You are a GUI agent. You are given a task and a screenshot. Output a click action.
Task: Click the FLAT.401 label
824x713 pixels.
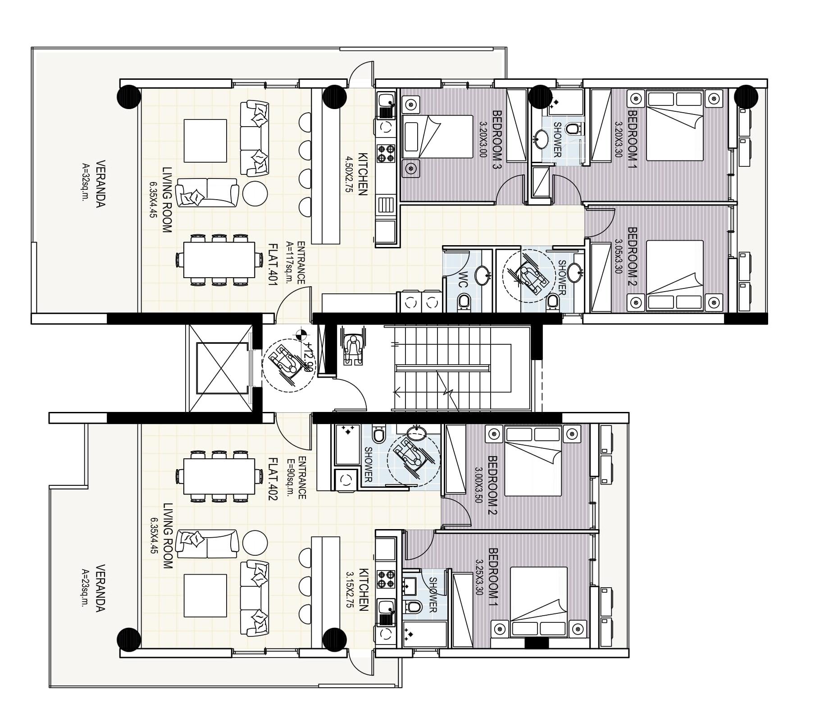[x=273, y=263]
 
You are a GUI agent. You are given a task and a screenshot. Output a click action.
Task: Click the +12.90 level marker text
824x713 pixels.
[x=308, y=356]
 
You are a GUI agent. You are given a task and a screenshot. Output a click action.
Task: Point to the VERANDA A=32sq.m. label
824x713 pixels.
[x=94, y=183]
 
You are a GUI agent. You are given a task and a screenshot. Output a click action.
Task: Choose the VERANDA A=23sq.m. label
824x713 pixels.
[x=94, y=588]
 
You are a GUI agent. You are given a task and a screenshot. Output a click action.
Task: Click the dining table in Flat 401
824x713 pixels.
[x=219, y=260]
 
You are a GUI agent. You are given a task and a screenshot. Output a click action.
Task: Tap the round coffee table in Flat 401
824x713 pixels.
[x=255, y=193]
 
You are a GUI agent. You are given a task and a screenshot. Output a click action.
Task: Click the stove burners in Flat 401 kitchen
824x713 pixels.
[x=386, y=153]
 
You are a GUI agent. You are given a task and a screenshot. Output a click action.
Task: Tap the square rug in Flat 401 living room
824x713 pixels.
[x=205, y=141]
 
